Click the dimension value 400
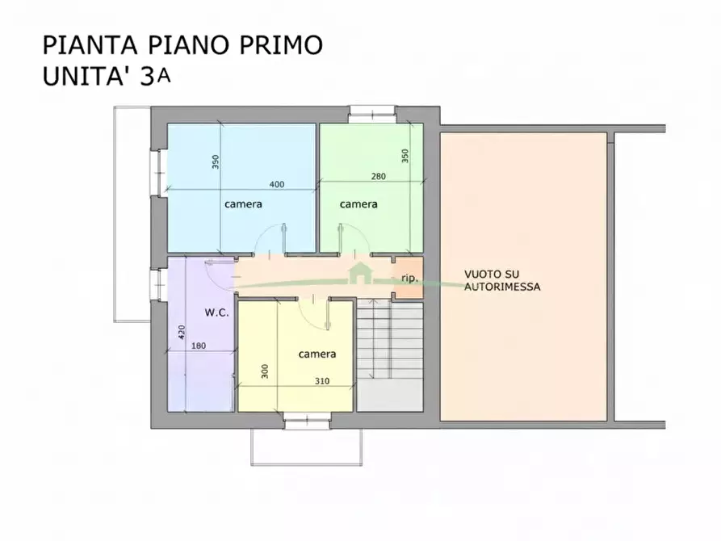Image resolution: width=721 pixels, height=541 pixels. click(x=277, y=184)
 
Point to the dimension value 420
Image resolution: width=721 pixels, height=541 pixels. click(x=182, y=332)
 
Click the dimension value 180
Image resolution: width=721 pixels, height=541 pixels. click(x=199, y=346)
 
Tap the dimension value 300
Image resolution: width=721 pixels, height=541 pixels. click(x=264, y=371)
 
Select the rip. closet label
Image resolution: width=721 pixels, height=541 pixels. click(x=409, y=279)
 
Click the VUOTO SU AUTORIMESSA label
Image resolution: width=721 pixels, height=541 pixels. click(x=502, y=280)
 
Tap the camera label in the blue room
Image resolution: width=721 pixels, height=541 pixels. click(x=243, y=204)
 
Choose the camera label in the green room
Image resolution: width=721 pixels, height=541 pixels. click(x=358, y=204)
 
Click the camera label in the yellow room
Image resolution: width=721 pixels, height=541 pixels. click(x=317, y=354)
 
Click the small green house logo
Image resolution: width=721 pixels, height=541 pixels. click(x=358, y=273)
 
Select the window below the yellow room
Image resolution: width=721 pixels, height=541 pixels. click(x=308, y=419)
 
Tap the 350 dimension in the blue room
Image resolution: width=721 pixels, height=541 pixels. click(x=216, y=161)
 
